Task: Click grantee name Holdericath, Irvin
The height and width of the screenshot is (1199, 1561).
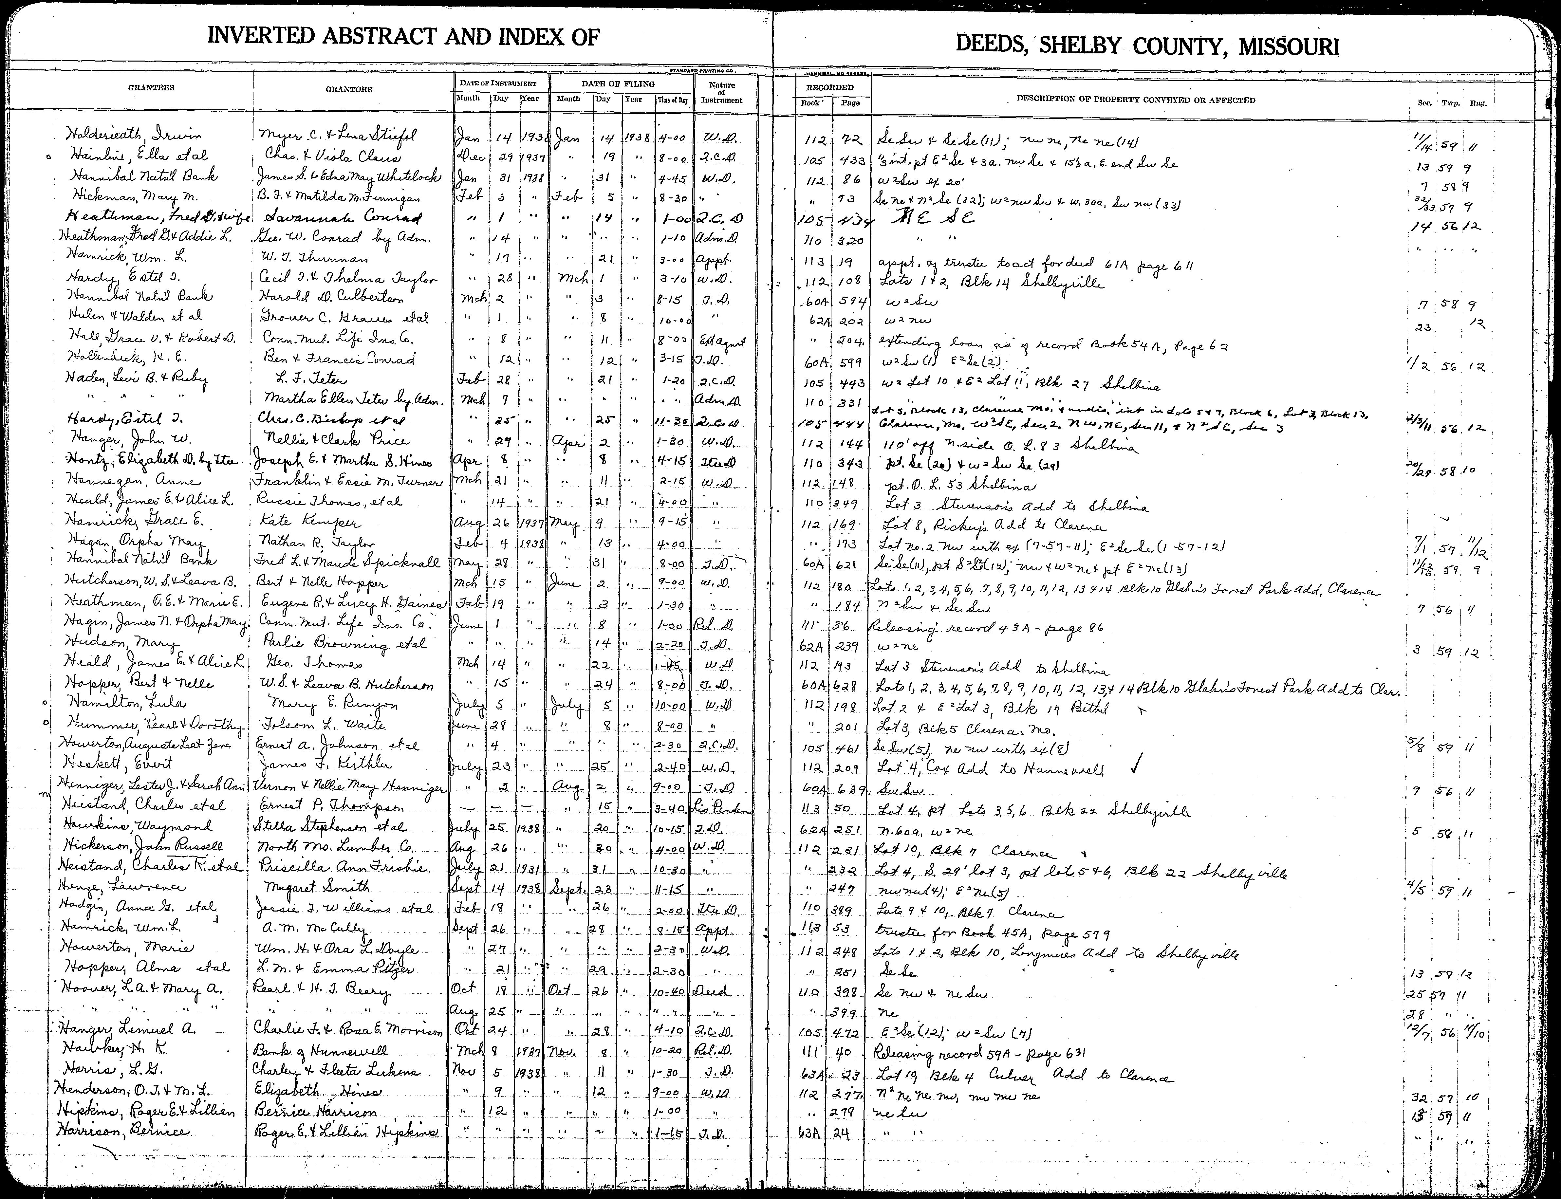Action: pyautogui.click(x=133, y=136)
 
